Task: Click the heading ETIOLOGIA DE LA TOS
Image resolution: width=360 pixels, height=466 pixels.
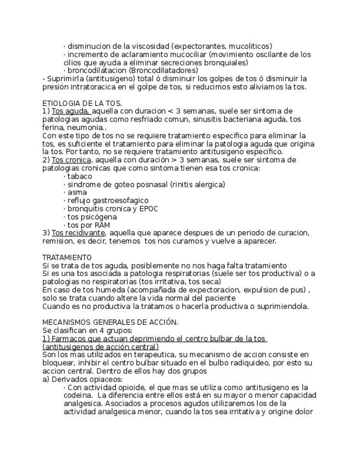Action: [x=82, y=103]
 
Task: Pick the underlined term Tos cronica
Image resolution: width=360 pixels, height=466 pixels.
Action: [x=73, y=160]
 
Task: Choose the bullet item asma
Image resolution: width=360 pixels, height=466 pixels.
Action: [x=77, y=192]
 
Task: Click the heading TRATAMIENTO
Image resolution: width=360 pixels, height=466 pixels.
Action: [x=67, y=257]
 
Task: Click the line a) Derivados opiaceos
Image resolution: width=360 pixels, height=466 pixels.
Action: [x=82, y=379]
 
